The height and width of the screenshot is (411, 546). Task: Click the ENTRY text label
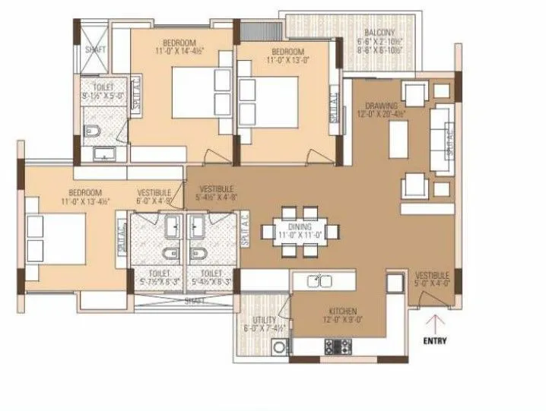pyautogui.click(x=435, y=340)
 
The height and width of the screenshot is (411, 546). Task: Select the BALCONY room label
pyautogui.click(x=379, y=32)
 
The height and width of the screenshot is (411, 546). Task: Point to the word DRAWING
pyautogui.click(x=380, y=106)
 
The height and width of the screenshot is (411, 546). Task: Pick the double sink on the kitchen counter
pyautogui.click(x=320, y=282)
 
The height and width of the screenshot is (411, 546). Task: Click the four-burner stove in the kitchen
pyautogui.click(x=338, y=346)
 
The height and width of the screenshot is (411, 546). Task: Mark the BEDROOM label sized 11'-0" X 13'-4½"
pyautogui.click(x=84, y=193)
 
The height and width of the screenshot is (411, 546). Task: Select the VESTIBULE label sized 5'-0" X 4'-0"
pyautogui.click(x=432, y=275)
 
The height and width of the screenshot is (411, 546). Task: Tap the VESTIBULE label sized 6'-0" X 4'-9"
pyautogui.click(x=154, y=193)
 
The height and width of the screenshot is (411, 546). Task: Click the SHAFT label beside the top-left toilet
pyautogui.click(x=95, y=49)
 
